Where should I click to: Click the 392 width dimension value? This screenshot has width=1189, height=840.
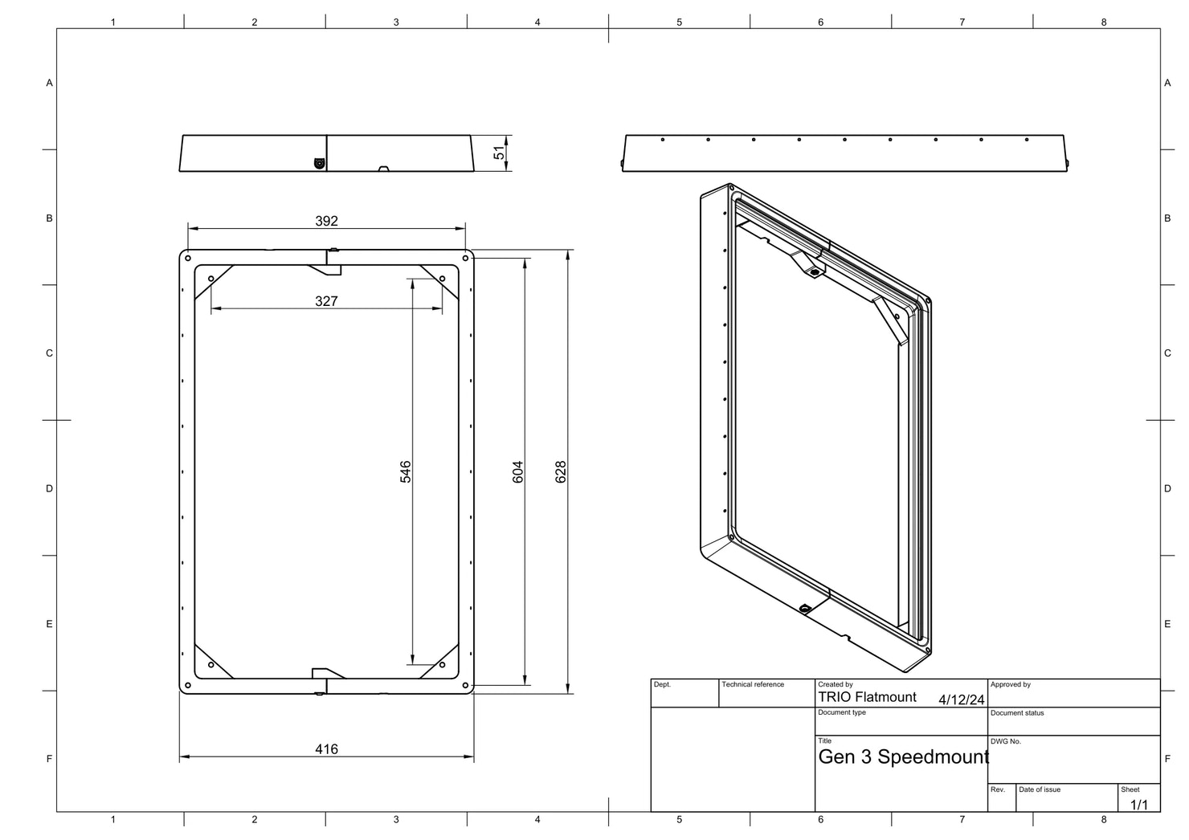326,221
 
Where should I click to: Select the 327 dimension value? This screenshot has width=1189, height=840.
326,301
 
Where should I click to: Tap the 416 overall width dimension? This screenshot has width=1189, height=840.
326,749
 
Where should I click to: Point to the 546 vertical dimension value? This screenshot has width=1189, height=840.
406,471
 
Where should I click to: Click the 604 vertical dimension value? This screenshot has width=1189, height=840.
518,471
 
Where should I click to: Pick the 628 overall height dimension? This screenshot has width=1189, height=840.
561,471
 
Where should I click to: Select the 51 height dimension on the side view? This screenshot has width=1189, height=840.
500,153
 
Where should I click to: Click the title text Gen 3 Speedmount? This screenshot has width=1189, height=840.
903,756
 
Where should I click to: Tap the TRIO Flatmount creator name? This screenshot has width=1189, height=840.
867,697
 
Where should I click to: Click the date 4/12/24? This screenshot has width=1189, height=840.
961,699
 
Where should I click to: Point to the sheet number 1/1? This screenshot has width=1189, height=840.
1139,804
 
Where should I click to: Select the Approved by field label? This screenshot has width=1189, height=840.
1010,684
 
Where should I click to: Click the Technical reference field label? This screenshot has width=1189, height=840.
752,684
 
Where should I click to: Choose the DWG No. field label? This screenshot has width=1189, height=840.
1005,741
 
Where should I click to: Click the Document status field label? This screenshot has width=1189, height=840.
1017,713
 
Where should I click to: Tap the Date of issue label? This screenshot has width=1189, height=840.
1039,789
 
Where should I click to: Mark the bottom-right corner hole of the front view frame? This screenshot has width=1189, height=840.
465,685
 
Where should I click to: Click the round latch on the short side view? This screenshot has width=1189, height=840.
320,163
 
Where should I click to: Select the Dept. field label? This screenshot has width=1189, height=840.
662,684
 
